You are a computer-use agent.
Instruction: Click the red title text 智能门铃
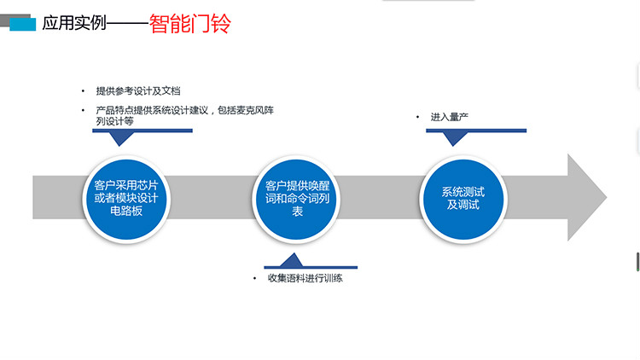click(189, 23)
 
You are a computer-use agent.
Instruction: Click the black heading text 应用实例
click(74, 24)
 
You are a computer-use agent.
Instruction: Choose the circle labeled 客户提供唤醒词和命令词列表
click(297, 198)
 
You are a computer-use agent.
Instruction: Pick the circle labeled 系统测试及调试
click(463, 198)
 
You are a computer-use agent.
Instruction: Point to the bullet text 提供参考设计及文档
click(137, 91)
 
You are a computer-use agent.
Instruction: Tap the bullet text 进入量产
click(451, 116)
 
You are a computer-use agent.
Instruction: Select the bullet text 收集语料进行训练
click(305, 278)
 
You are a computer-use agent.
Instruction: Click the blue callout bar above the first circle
click(141, 131)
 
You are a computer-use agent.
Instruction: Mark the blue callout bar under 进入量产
click(475, 131)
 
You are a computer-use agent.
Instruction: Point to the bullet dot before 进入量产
click(418, 117)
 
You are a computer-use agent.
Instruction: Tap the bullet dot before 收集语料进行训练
click(254, 279)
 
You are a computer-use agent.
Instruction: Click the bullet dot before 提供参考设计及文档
click(84, 91)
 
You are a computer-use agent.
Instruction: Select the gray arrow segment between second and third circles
click(381, 198)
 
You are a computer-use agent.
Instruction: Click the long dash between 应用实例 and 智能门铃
click(127, 24)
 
